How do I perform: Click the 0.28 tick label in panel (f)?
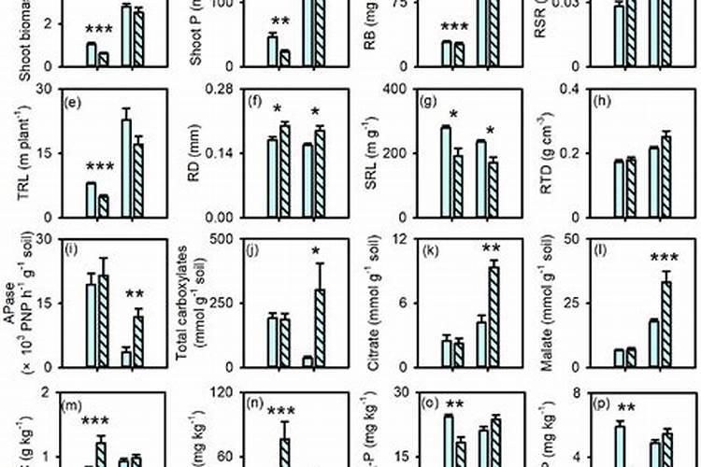tap(218, 89)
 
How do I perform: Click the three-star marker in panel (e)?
tap(98, 167)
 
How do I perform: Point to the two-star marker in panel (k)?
tap(490, 248)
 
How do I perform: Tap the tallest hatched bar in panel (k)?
tap(494, 317)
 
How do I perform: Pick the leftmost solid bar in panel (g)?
tap(447, 172)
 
